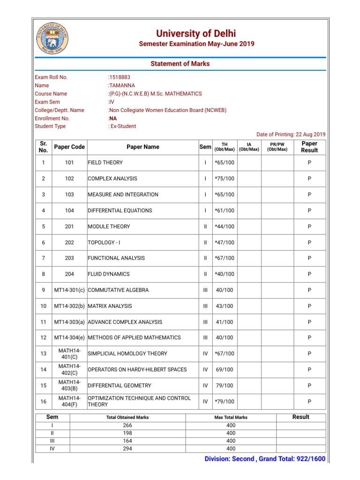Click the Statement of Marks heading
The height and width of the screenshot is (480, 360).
180,64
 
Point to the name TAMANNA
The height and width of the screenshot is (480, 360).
121,85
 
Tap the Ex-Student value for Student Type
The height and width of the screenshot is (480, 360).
123,126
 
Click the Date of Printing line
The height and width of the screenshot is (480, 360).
291,135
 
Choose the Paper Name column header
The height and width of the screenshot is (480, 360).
143,147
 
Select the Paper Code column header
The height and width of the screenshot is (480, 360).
69,147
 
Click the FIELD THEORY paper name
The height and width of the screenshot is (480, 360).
105,163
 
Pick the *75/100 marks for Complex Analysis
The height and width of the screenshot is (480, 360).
224,179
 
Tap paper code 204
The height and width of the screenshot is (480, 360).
69,274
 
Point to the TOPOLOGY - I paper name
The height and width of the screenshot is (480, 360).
104,242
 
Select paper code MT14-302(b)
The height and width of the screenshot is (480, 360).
69,306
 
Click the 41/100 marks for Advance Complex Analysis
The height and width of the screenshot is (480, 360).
224,322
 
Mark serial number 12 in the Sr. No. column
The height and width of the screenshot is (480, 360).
43,338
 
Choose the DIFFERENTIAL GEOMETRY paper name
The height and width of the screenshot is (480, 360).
120,386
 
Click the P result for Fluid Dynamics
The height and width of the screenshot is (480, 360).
309,274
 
